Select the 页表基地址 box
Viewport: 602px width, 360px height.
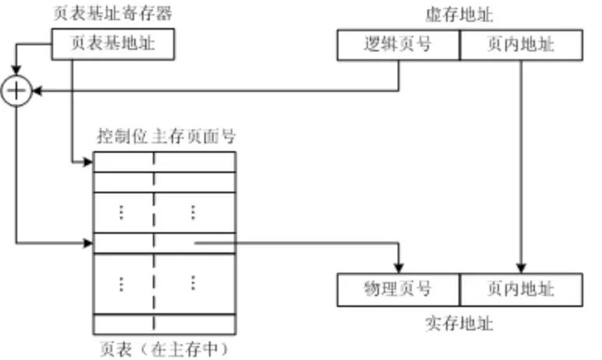(113, 45)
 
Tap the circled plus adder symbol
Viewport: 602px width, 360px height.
(16, 92)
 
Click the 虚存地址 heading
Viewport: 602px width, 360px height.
(460, 14)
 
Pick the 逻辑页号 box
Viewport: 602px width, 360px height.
(398, 45)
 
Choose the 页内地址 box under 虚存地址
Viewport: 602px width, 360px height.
(521, 45)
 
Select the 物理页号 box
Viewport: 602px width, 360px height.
(398, 289)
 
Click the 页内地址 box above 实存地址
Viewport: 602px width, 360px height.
(521, 289)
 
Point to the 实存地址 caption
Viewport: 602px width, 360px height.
(460, 323)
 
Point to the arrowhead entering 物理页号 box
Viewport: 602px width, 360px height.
(399, 268)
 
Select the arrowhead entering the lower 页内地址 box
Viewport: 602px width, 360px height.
(521, 268)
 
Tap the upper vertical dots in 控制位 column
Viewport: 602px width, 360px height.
(121, 212)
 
